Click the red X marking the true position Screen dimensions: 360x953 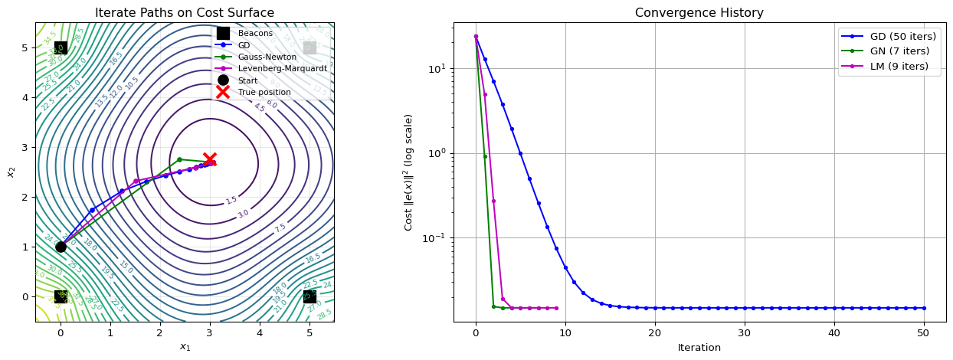(x=210, y=159)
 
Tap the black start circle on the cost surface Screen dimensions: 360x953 (x=61, y=247)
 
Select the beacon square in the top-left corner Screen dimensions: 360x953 (x=61, y=47)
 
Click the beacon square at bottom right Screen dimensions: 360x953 (x=309, y=296)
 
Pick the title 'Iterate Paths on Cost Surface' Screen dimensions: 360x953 (x=184, y=13)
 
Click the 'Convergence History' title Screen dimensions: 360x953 (x=699, y=13)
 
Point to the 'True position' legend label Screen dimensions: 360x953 (x=264, y=92)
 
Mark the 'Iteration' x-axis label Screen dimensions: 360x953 (x=699, y=347)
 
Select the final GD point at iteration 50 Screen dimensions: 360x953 (x=924, y=308)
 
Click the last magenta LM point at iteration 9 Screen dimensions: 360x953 (x=556, y=308)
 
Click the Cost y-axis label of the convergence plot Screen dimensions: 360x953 (x=409, y=172)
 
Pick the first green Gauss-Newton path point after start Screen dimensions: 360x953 (x=179, y=159)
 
